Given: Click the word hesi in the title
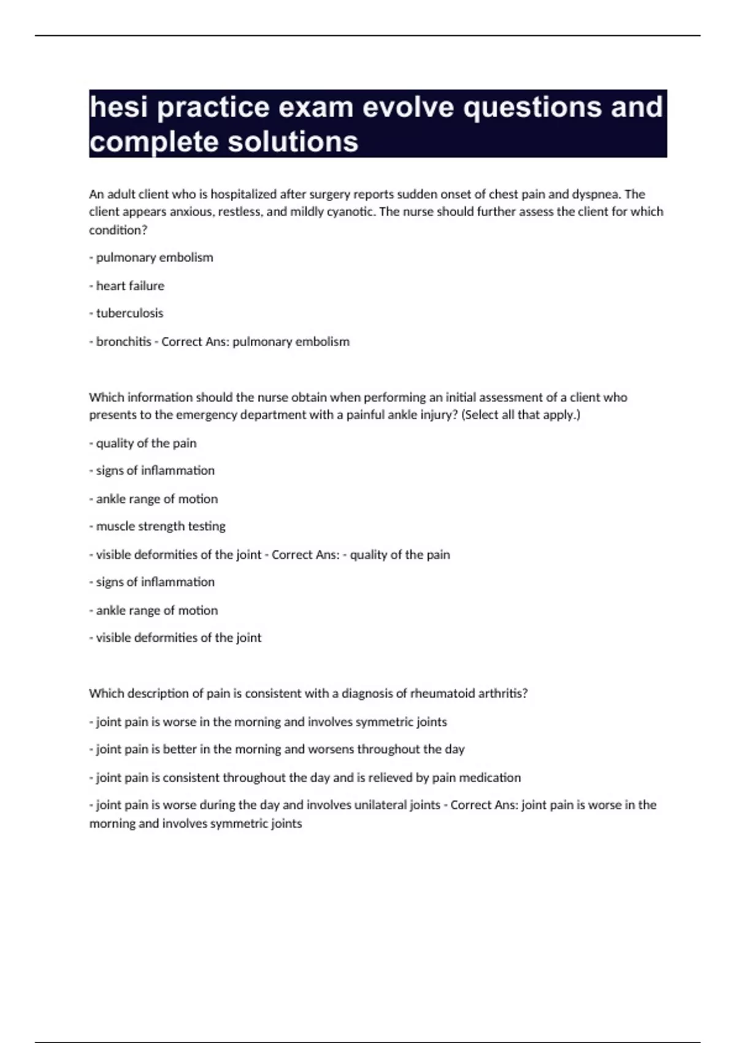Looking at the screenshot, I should (118, 107).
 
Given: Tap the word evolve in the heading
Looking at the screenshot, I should (408, 107).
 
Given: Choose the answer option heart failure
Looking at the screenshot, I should (130, 286).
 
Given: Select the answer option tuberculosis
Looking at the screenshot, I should (129, 314).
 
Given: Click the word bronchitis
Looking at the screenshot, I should (123, 342).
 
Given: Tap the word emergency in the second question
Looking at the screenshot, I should (207, 415).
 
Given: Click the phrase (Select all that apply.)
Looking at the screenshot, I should (521, 415).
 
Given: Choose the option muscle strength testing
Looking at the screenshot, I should (161, 526).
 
